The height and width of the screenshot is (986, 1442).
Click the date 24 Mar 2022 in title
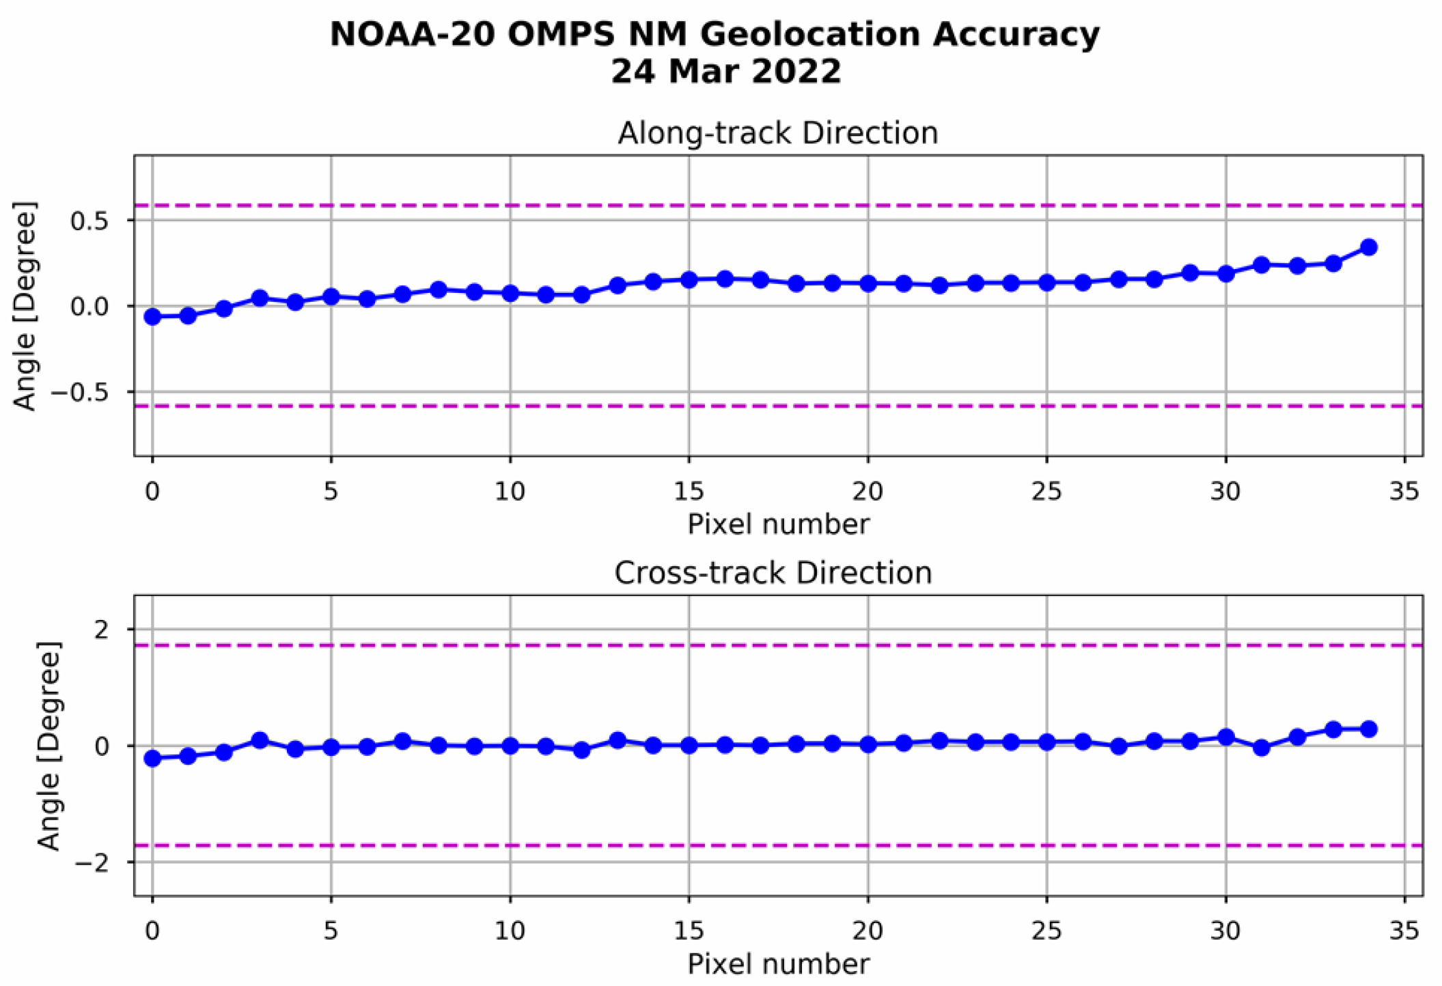725,72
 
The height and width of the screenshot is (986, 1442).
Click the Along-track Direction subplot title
777,133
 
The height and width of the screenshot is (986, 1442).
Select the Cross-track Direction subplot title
773,573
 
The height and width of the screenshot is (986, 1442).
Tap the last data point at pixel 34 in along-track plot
1368,247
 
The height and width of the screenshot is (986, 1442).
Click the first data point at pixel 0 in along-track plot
152,317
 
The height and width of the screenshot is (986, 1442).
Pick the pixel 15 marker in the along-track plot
689,280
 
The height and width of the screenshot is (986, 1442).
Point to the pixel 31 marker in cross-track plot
1261,748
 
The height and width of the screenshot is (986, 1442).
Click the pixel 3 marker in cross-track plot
260,740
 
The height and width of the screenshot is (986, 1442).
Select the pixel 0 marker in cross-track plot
152,758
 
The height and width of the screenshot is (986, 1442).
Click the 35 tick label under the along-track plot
1404,491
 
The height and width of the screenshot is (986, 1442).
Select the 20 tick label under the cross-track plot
868,931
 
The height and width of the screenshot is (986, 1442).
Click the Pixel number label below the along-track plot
778,524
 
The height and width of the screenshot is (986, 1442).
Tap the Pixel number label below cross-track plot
778,964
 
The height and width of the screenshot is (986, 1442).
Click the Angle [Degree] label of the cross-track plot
49,746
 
